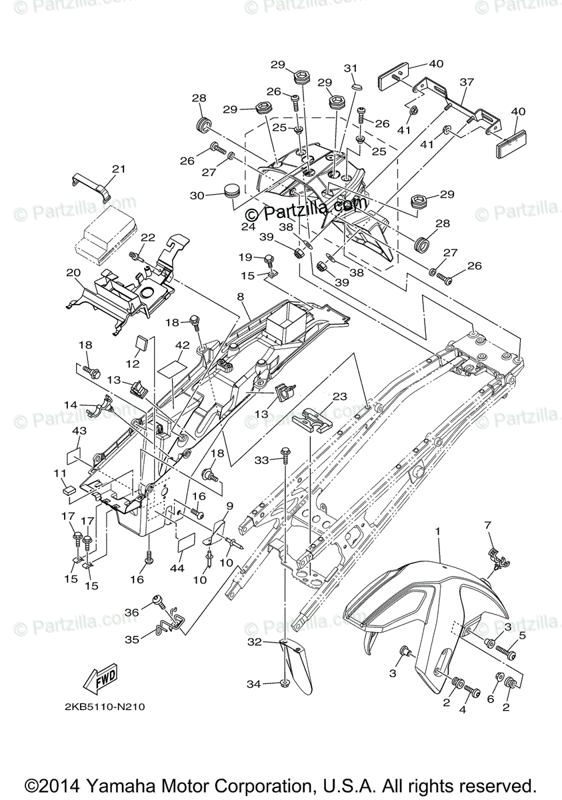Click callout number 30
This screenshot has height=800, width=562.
click(198, 196)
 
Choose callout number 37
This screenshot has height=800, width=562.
click(467, 82)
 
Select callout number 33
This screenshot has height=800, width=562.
click(263, 461)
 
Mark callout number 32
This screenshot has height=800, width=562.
click(255, 643)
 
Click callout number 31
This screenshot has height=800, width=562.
click(351, 69)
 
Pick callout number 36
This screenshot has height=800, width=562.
click(131, 612)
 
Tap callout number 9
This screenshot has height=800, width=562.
click(230, 505)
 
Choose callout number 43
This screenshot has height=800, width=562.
click(79, 432)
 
